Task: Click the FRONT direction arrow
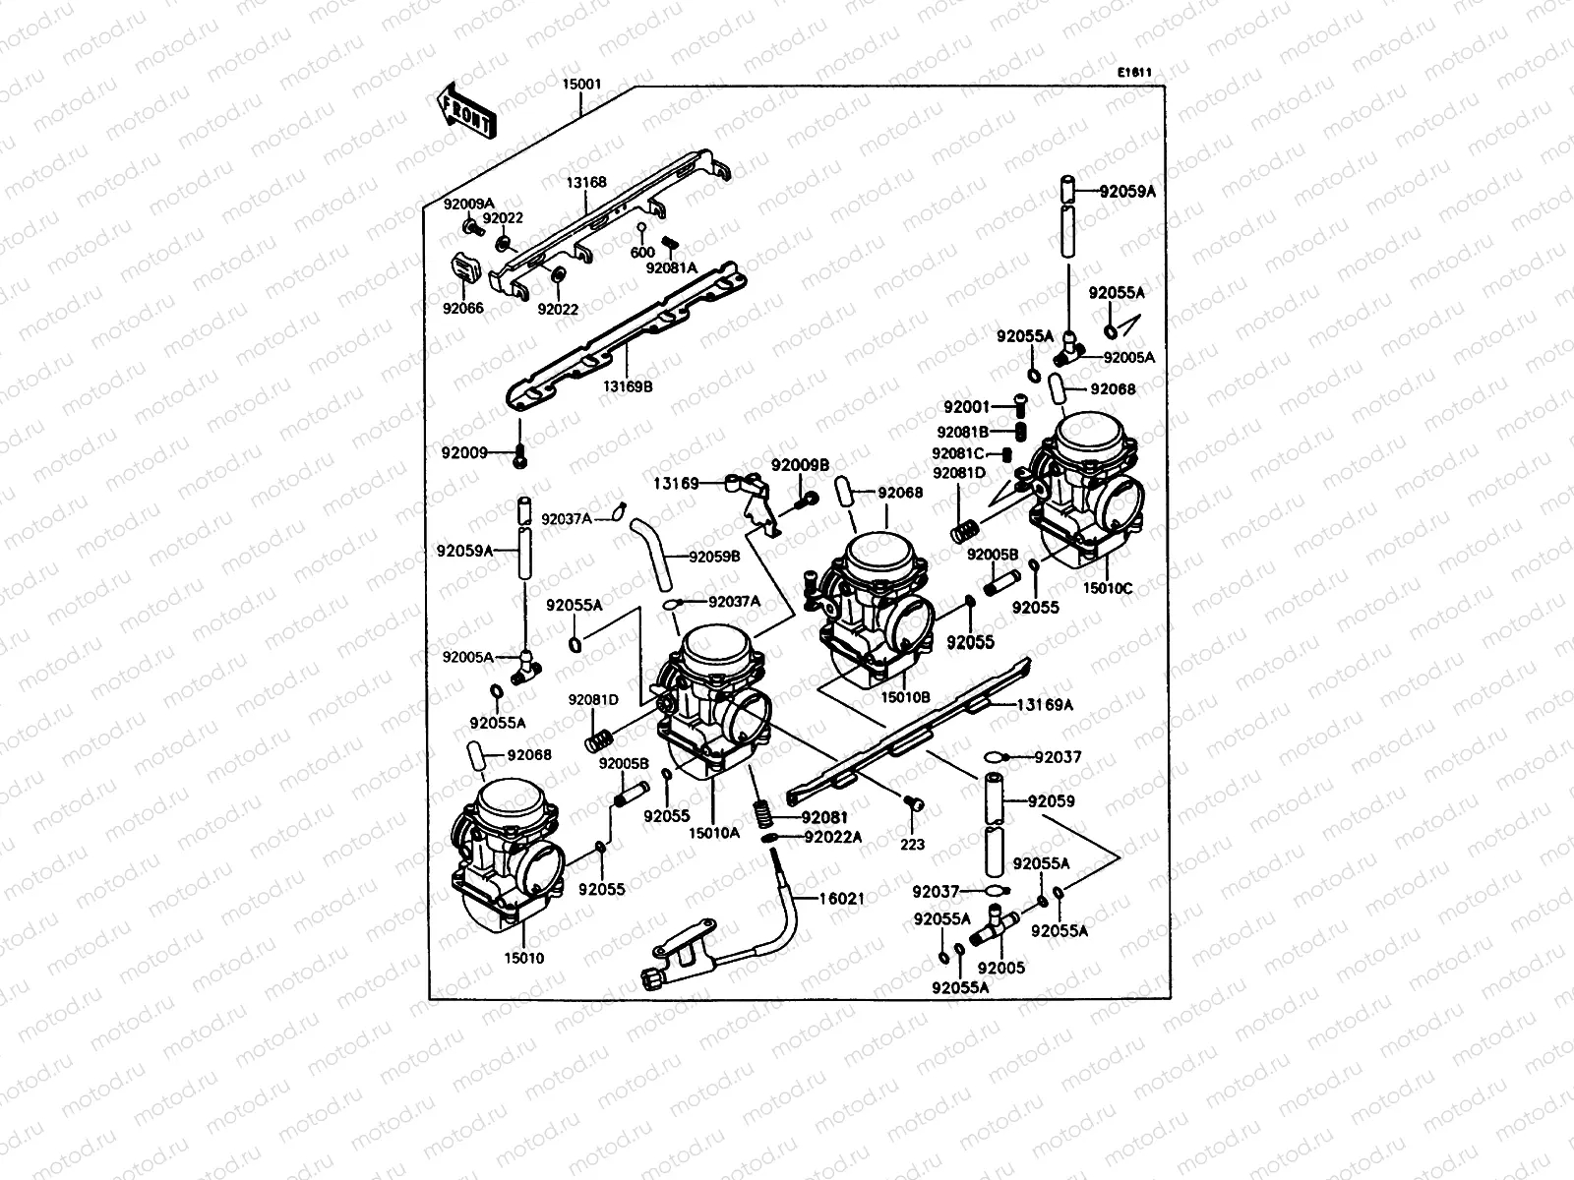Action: [467, 109]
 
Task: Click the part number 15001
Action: [581, 86]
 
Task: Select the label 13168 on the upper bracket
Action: [585, 182]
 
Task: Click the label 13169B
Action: [628, 386]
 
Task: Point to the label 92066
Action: [462, 308]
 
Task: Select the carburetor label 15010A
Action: [714, 833]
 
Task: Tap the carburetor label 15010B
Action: [906, 697]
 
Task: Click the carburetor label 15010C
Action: [1108, 588]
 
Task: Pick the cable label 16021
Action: [842, 898]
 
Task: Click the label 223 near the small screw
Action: [913, 845]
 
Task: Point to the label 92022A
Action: [832, 837]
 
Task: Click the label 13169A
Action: [1045, 704]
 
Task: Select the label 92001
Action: [967, 406]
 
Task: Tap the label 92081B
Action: [962, 432]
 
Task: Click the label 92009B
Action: [800, 465]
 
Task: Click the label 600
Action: [642, 253]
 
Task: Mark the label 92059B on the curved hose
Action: [714, 557]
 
